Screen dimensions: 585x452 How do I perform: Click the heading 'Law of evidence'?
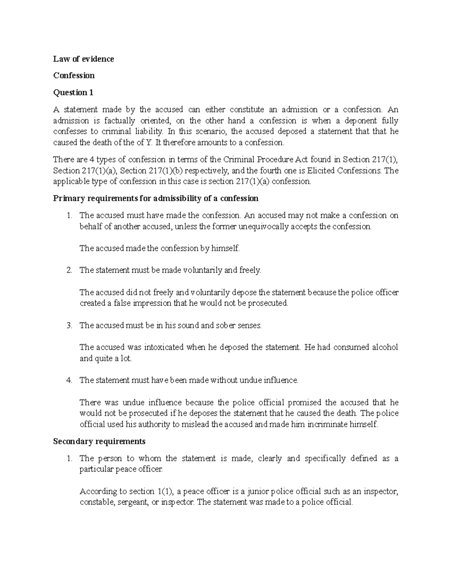click(x=83, y=59)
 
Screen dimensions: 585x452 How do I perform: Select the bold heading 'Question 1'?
click(x=73, y=92)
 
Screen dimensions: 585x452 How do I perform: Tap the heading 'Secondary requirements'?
click(x=99, y=441)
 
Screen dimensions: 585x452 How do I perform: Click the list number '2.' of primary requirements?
click(x=69, y=270)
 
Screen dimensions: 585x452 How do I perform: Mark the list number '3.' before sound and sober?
click(x=69, y=325)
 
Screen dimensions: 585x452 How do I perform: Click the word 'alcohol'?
click(x=385, y=347)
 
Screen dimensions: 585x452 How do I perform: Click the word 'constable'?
click(x=96, y=502)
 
